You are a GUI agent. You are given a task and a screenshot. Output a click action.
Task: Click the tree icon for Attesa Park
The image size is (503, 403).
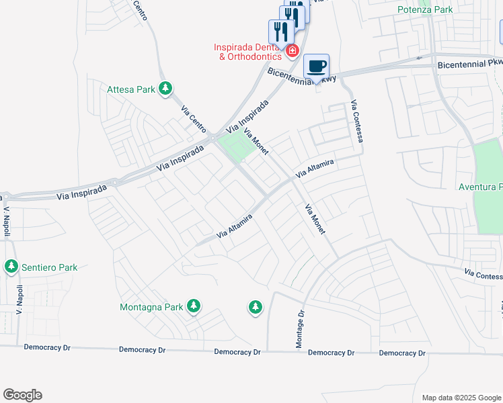[165, 88]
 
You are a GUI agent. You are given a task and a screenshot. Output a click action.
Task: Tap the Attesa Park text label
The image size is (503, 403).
[131, 89]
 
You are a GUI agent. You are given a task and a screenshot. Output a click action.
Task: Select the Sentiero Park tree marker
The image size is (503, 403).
[11, 267]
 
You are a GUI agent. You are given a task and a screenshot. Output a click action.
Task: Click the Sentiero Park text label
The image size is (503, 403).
[49, 267]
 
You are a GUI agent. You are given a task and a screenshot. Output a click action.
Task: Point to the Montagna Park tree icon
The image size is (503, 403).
[194, 307]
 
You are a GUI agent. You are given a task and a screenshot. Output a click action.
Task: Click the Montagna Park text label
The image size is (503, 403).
[151, 307]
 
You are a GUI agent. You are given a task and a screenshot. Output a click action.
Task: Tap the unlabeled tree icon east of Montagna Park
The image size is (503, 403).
[255, 307]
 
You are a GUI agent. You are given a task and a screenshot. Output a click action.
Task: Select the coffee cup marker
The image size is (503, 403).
[316, 66]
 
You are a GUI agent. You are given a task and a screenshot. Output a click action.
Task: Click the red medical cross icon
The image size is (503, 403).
[292, 51]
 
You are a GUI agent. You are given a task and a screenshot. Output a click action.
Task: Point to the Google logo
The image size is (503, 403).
[22, 395]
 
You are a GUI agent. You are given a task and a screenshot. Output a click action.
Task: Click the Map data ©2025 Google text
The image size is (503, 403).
[461, 398]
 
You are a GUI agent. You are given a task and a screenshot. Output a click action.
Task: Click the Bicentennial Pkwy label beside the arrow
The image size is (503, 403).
[469, 65]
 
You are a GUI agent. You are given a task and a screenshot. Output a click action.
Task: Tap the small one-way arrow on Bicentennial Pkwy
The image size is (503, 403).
[420, 58]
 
